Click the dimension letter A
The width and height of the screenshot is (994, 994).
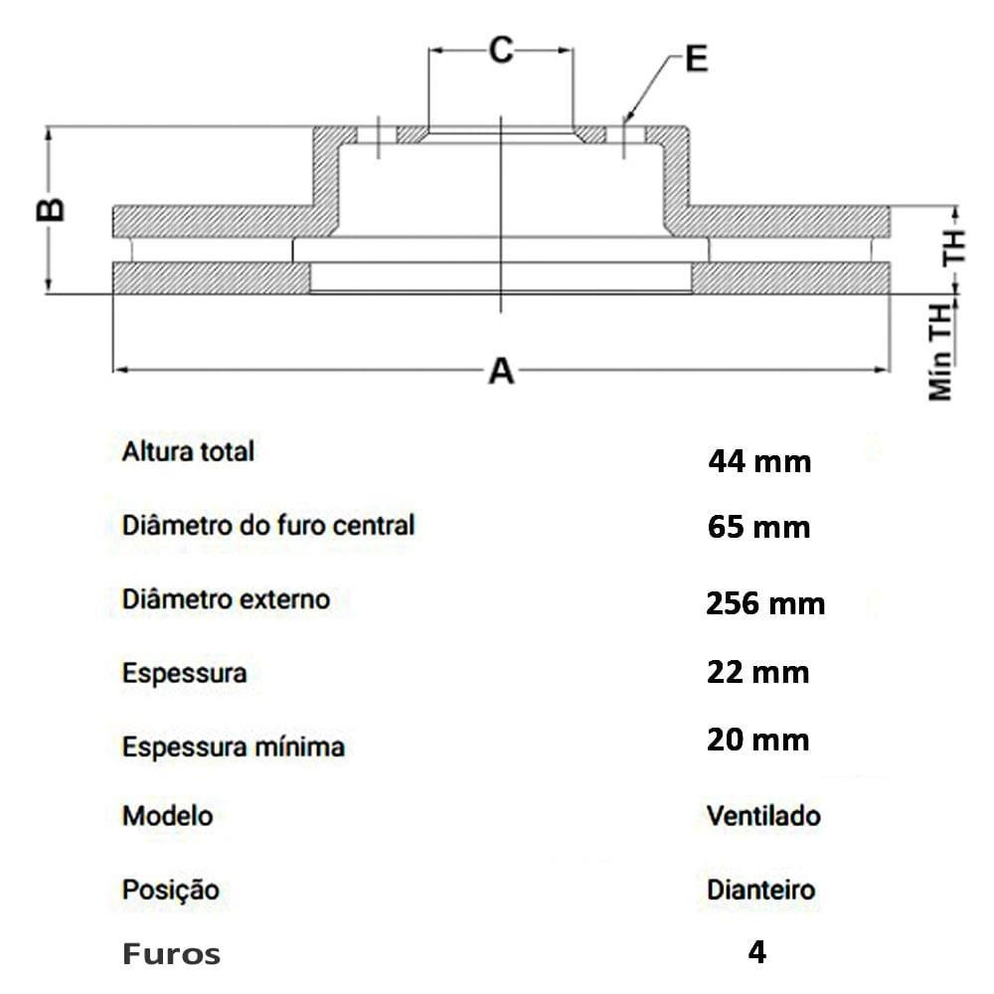click(x=501, y=371)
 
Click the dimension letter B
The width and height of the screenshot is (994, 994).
click(x=51, y=210)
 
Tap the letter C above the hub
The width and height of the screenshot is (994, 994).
click(x=501, y=50)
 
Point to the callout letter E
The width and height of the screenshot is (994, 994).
click(x=697, y=59)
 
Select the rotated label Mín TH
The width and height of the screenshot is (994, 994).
click(x=940, y=353)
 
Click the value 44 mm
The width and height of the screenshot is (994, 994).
click(x=759, y=461)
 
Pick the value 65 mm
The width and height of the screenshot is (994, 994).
click(x=758, y=527)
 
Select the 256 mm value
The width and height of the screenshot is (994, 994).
click(x=765, y=603)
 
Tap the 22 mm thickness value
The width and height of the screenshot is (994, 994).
click(x=758, y=672)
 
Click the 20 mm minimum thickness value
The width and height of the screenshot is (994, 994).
click(x=758, y=740)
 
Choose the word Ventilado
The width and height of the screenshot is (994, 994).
click(x=763, y=815)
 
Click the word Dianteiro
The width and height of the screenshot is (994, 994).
click(x=761, y=890)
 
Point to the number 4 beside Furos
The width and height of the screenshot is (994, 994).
click(x=756, y=951)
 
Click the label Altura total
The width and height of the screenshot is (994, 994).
click(x=188, y=451)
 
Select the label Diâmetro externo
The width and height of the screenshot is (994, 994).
click(x=227, y=599)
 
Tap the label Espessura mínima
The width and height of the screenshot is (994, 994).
click(x=234, y=746)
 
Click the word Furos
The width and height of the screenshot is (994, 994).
click(x=171, y=954)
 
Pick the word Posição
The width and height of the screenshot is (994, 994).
click(x=171, y=890)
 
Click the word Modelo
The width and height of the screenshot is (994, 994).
click(x=167, y=815)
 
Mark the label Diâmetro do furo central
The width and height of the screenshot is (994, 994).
click(x=268, y=525)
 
